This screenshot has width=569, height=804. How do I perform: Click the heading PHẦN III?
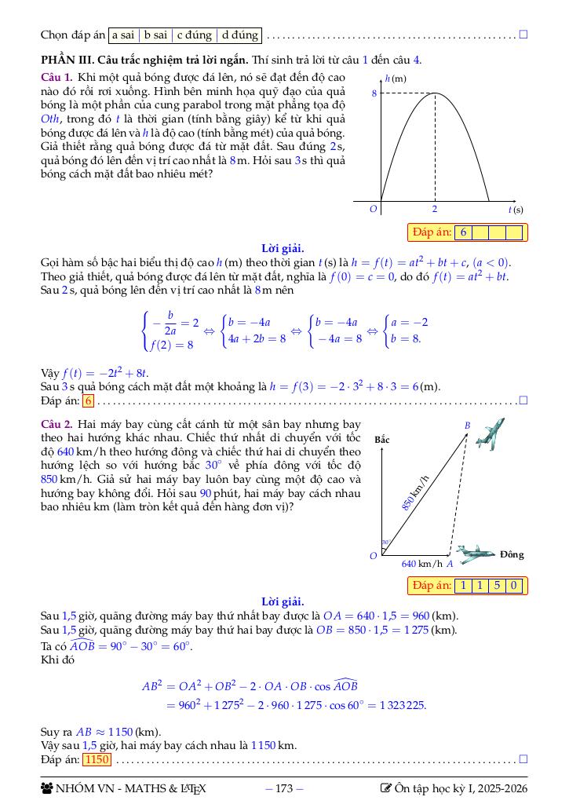(65, 60)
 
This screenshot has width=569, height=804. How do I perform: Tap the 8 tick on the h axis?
(374, 93)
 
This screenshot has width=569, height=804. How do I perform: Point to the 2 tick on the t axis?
(435, 210)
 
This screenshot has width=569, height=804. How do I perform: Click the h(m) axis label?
(396, 79)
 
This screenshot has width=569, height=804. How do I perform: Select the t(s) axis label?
(516, 210)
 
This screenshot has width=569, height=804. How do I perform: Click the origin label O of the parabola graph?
(374, 210)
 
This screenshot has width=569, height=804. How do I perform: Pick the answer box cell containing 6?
(464, 232)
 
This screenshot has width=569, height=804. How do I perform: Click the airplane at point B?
(490, 434)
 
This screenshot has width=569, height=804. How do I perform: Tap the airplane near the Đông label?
(476, 554)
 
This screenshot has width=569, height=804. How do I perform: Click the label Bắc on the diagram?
(382, 439)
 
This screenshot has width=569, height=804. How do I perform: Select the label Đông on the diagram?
(512, 554)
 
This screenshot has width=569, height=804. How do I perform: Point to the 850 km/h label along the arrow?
(417, 493)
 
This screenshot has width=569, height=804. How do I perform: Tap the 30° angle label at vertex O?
(385, 543)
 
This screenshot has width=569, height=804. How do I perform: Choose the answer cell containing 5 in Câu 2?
(497, 586)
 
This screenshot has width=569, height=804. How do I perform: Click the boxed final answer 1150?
(97, 759)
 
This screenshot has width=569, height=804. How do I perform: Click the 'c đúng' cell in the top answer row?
(194, 35)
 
